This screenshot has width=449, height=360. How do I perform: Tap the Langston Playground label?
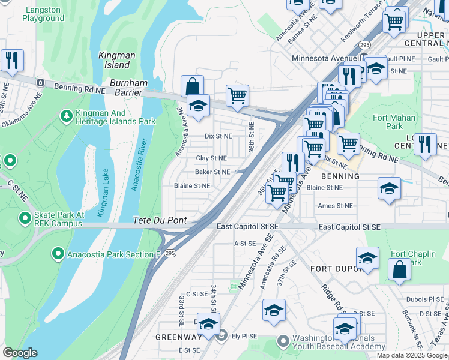(x=43, y=13)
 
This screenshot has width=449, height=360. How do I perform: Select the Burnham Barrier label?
(x=125, y=88)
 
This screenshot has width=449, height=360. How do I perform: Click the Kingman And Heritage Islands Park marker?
(x=66, y=115)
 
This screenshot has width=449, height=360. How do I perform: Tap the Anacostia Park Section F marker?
(x=58, y=254)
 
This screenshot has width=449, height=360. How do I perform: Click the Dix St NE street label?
(x=218, y=136)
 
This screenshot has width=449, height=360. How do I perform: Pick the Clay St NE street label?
(x=211, y=158)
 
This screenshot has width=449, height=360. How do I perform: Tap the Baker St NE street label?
(x=212, y=172)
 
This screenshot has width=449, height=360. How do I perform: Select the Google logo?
(x=20, y=353)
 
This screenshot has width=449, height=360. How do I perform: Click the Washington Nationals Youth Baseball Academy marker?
(x=283, y=341)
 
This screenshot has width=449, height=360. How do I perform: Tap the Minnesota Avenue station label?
(x=324, y=58)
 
